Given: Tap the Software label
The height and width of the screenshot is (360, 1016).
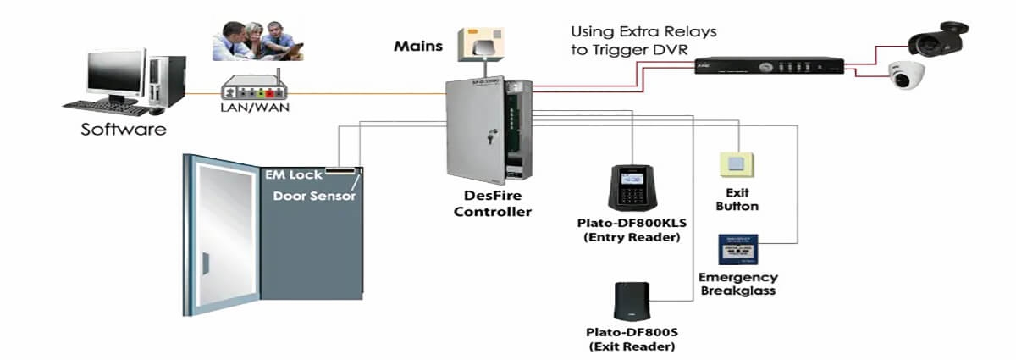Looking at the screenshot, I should click(124, 130).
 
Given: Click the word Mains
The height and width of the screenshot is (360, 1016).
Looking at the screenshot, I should click(418, 46).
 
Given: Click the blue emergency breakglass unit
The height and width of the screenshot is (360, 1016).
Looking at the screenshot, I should click(737, 251).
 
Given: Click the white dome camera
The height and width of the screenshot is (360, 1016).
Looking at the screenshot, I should click(906, 77).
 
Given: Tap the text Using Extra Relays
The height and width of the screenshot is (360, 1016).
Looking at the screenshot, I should click(643, 31).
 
